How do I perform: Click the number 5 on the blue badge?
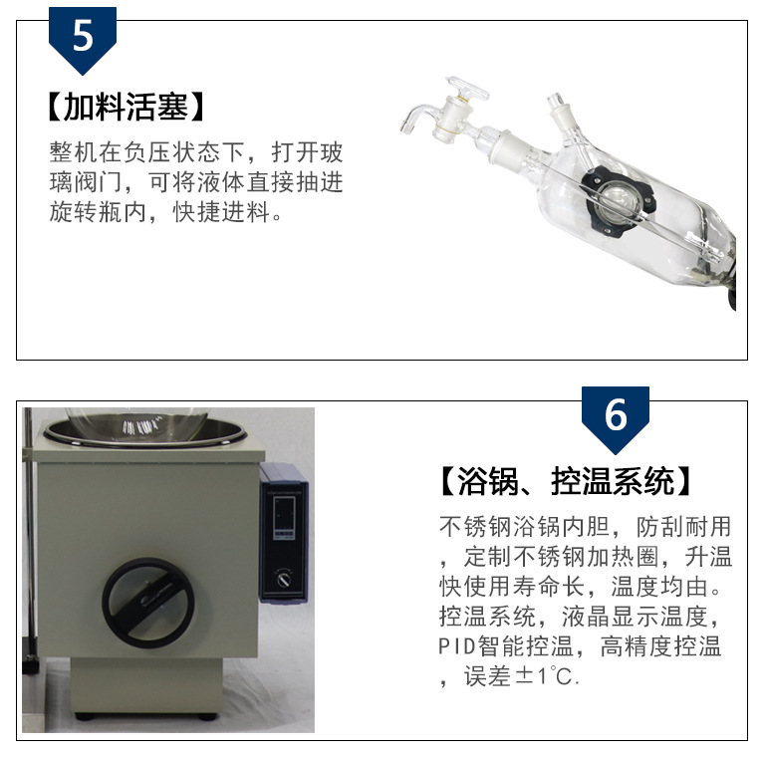click(x=83, y=36)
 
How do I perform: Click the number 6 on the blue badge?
click(x=616, y=414)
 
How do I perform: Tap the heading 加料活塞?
click(x=126, y=107)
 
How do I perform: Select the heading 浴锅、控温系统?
click(x=566, y=481)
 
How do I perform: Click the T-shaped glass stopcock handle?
click(x=468, y=89)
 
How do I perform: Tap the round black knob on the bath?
click(x=148, y=603)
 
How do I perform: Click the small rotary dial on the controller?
click(x=284, y=580)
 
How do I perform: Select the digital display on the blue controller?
click(x=284, y=518)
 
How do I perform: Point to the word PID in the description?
click(x=456, y=646)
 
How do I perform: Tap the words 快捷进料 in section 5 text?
click(x=221, y=212)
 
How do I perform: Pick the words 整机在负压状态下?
click(x=146, y=152)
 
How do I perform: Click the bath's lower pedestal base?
click(x=146, y=686)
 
